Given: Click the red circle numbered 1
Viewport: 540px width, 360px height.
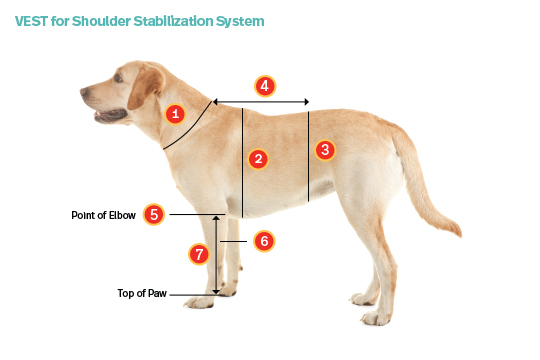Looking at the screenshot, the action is [175, 114].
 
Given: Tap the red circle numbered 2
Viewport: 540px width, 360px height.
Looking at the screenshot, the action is [258, 159].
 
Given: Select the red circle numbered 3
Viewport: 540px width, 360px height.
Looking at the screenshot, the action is [325, 150].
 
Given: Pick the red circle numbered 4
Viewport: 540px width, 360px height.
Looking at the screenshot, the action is [265, 86].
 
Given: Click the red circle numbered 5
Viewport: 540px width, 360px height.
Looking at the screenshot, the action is [154, 214].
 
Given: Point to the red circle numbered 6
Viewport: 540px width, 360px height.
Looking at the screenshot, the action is [264, 241].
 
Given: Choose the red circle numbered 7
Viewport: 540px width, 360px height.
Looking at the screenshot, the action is [199, 254].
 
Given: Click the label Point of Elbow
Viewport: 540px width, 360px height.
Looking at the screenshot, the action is [103, 215].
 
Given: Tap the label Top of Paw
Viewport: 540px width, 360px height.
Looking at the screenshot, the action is [142, 293].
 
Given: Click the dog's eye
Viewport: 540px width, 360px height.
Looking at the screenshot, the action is [118, 79].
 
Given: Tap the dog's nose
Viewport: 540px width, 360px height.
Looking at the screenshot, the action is [83, 92].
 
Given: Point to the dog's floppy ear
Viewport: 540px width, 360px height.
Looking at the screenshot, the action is [146, 86].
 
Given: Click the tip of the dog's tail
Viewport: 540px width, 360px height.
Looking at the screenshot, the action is [460, 234].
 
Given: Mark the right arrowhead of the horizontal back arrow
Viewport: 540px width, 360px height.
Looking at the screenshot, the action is [306, 102].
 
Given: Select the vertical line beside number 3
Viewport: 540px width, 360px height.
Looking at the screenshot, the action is [308, 156].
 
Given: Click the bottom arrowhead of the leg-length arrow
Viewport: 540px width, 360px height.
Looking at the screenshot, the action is [216, 292].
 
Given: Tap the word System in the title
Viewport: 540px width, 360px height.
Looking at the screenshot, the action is [240, 22].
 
